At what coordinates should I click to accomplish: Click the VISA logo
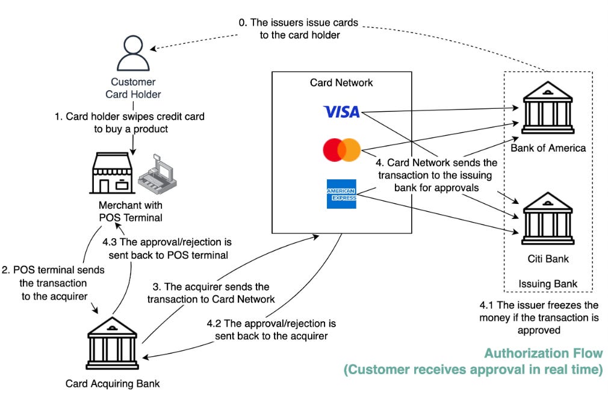click(341, 112)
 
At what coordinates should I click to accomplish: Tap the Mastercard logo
click(341, 150)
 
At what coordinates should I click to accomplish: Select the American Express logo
click(341, 194)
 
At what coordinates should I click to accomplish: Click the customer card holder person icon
click(133, 53)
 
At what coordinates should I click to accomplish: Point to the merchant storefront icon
click(112, 173)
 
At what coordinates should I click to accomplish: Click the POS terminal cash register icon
click(158, 174)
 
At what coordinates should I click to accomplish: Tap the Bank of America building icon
click(548, 108)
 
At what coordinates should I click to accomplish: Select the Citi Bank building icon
click(548, 218)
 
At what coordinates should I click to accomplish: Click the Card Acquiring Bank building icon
click(112, 343)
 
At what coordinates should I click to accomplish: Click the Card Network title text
click(341, 82)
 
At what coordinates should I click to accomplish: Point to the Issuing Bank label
click(548, 284)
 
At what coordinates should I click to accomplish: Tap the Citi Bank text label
click(548, 259)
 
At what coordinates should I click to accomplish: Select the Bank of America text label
click(548, 148)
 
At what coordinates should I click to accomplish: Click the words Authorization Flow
click(544, 353)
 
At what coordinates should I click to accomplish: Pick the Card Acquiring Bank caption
click(113, 384)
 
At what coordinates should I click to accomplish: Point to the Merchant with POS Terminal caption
click(131, 212)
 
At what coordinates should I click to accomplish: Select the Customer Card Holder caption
click(133, 88)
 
